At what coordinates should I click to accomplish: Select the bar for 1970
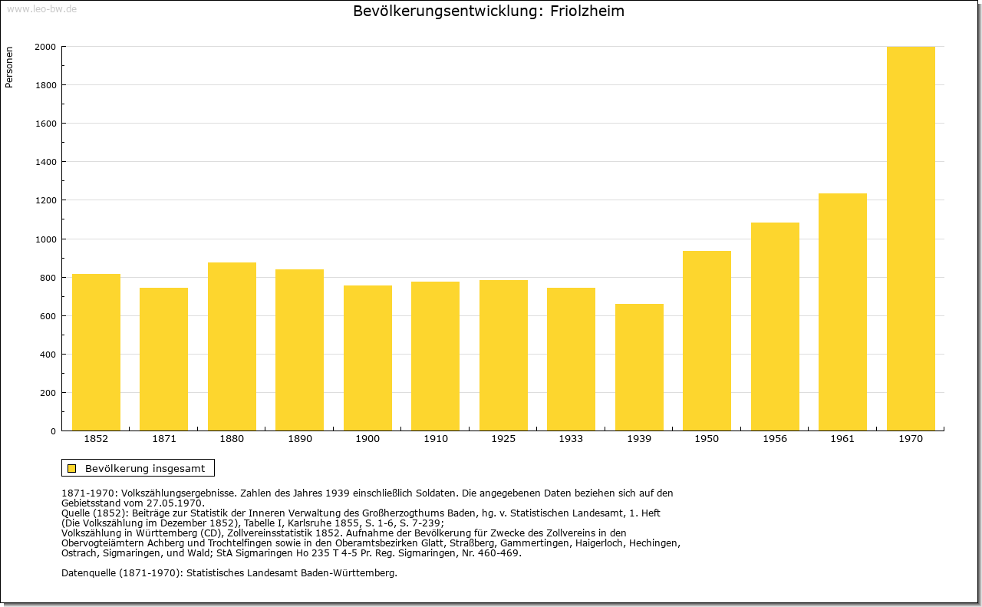[x=911, y=239]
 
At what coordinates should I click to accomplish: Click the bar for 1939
[x=639, y=367]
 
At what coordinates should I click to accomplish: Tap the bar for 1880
[x=232, y=347]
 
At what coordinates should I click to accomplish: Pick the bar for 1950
[x=707, y=341]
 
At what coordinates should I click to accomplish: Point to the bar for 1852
[x=96, y=352]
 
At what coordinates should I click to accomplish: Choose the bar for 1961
[x=842, y=312]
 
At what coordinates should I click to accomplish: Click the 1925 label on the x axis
[x=503, y=439]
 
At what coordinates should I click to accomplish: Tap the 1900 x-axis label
[x=367, y=439]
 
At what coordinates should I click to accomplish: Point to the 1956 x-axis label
[x=775, y=439]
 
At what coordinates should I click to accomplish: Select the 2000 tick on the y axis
[x=45, y=47]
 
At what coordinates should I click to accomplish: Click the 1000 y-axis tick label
[x=45, y=239]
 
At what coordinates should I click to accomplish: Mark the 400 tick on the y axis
[x=48, y=355]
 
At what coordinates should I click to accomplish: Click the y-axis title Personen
[x=9, y=67]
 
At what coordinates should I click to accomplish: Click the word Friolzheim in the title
[x=587, y=11]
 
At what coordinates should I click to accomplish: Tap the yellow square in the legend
[x=72, y=468]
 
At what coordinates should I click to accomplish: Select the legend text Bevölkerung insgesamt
[x=145, y=468]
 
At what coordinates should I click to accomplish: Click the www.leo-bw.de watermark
[x=41, y=9]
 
